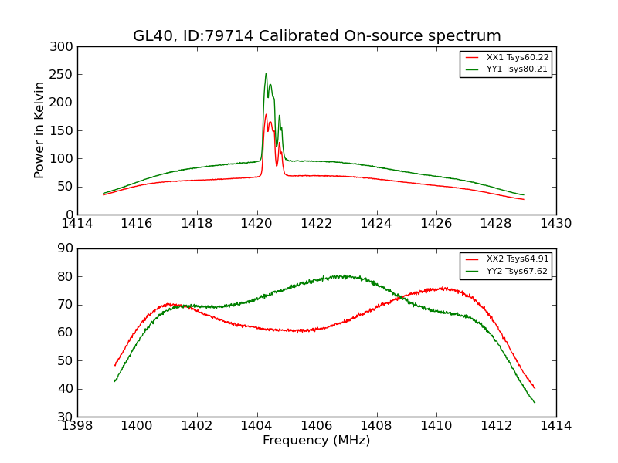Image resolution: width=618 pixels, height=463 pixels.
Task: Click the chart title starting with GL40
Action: pos(317,36)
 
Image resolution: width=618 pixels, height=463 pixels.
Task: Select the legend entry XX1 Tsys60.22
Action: pos(517,57)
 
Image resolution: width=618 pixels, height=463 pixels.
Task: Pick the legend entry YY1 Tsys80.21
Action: pos(517,69)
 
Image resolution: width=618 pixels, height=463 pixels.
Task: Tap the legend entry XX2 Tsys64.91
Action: pos(517,259)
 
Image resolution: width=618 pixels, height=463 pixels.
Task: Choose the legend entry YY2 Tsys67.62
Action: pos(517,271)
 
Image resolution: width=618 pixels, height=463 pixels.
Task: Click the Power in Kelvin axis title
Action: pos(40,130)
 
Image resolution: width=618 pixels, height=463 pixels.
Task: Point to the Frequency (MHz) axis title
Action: pos(317,441)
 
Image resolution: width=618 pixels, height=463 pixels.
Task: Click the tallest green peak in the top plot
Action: pos(266,74)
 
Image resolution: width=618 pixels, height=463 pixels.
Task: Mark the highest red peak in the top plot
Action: pos(266,115)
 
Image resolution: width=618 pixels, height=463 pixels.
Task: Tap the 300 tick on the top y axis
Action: pos(65,47)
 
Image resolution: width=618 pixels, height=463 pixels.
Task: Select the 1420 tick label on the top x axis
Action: pos(257,224)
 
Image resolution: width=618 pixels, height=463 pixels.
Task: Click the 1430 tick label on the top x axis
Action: pos(556,224)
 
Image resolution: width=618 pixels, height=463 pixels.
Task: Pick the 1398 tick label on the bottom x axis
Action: pos(77,426)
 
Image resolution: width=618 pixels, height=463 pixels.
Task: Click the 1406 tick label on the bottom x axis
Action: pos(317,426)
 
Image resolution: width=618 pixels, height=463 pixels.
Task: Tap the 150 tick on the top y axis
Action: pos(65,130)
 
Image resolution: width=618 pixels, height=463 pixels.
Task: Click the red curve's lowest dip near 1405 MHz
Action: pos(297,331)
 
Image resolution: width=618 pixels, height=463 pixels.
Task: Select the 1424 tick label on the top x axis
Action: pos(377,224)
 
